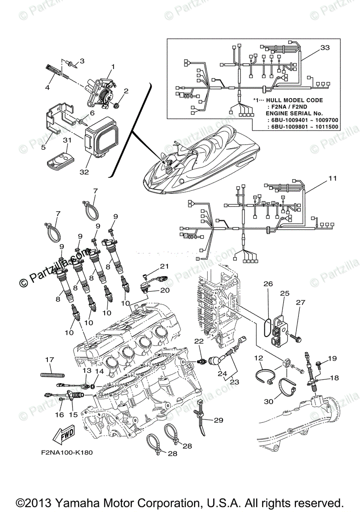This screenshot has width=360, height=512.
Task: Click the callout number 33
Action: [325, 48]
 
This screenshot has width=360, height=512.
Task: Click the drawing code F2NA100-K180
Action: [64, 453]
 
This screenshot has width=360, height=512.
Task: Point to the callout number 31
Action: [66, 140]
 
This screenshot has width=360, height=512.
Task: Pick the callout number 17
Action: [50, 360]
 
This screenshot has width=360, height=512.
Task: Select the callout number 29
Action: [218, 420]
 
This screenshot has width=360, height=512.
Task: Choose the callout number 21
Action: [165, 266]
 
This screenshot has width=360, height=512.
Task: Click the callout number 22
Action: [199, 341]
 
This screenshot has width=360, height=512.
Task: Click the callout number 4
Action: [47, 87]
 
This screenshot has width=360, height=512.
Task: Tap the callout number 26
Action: [268, 284]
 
